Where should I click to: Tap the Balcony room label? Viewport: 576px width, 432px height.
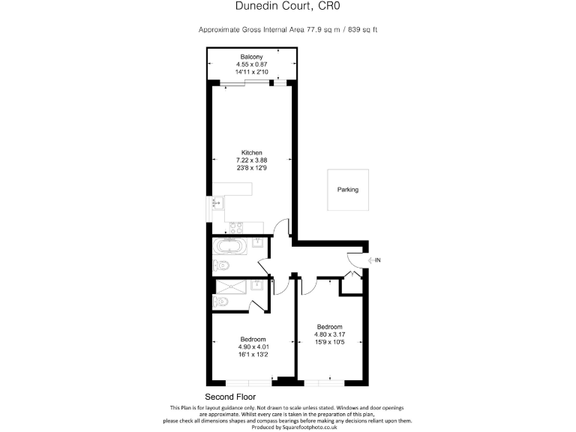(251, 57)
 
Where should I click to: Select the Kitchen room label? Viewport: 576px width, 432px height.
(251, 152)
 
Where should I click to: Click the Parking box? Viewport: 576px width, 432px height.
(347, 190)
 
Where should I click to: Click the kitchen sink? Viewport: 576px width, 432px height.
(217, 202)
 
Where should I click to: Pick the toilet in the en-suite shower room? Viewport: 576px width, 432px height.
(221, 301)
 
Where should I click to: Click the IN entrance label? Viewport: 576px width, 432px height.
(378, 260)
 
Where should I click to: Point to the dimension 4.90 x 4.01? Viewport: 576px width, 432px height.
(253, 346)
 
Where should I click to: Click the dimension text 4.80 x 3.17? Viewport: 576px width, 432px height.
(329, 334)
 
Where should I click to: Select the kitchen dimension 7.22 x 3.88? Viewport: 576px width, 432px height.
(251, 160)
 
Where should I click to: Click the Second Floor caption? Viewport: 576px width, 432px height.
(230, 396)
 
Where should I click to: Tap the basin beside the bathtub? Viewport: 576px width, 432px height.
(257, 243)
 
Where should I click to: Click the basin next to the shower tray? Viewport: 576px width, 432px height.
(257, 286)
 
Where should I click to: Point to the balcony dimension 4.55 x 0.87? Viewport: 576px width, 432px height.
(251, 64)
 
